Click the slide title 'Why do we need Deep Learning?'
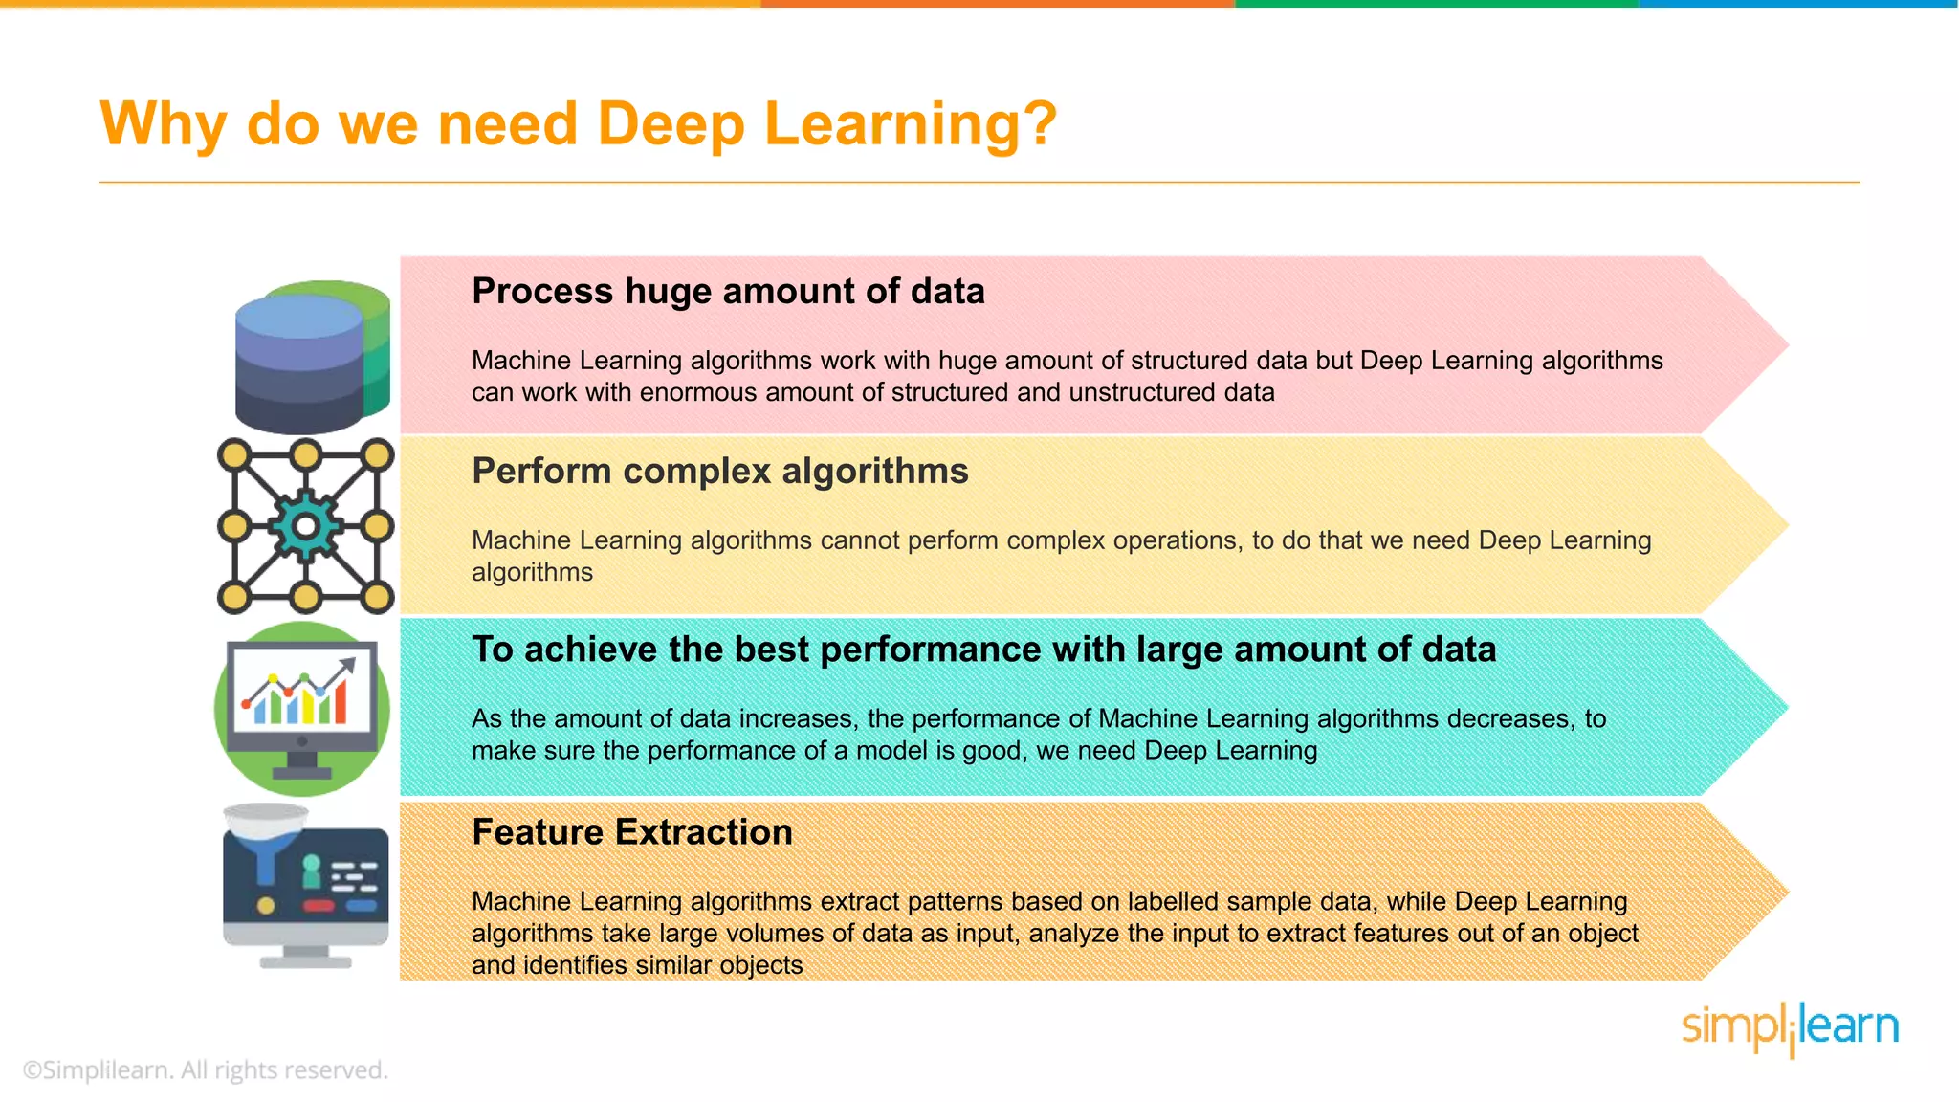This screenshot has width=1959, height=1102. pyautogui.click(x=578, y=124)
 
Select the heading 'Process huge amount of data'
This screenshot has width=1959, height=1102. pyautogui.click(x=728, y=291)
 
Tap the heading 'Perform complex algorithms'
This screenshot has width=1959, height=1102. pyautogui.click(x=719, y=471)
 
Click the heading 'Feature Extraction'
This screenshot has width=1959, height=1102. pyautogui.click(x=631, y=832)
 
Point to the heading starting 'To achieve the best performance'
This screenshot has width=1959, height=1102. pyautogui.click(x=983, y=650)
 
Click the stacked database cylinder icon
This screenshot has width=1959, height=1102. pyautogui.click(x=312, y=356)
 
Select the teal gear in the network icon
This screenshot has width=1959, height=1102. pyautogui.click(x=305, y=526)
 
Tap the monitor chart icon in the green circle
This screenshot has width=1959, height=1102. pyautogui.click(x=302, y=709)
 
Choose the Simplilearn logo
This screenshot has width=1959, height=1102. pyautogui.click(x=1790, y=1028)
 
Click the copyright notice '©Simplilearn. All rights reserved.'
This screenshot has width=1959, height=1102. pyautogui.click(x=205, y=1069)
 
